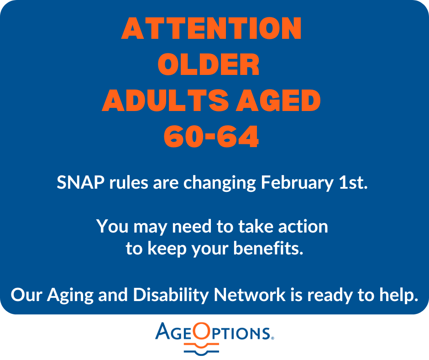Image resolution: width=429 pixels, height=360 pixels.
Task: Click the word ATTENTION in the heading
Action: tap(211, 28)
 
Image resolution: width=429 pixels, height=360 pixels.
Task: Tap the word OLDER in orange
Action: tap(209, 64)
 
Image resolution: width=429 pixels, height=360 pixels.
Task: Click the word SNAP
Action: tap(80, 182)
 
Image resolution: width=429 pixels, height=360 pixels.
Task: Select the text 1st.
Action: tap(353, 182)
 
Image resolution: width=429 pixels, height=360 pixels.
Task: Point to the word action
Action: tap(303, 227)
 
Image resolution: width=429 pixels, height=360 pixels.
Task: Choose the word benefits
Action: tap(268, 248)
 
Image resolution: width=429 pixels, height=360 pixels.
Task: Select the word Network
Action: tap(250, 295)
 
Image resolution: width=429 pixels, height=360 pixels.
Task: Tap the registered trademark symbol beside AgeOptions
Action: tap(272, 339)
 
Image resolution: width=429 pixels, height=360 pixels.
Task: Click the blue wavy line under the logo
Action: tap(202, 352)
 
